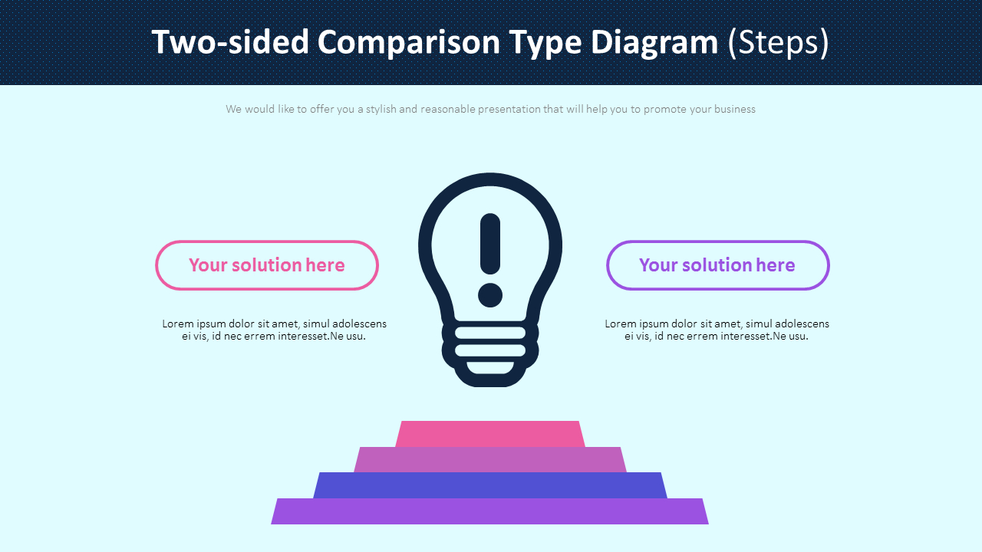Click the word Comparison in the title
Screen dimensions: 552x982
pyautogui.click(x=408, y=42)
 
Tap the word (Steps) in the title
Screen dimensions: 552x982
pyautogui.click(x=779, y=42)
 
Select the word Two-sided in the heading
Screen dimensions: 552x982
pyautogui.click(x=229, y=42)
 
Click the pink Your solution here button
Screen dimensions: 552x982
pyautogui.click(x=266, y=265)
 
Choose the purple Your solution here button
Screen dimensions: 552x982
pyautogui.click(x=717, y=265)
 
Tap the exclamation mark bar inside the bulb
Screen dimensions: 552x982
pyautogui.click(x=490, y=244)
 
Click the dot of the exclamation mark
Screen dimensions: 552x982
pyautogui.click(x=490, y=295)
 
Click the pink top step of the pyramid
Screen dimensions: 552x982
pyautogui.click(x=490, y=434)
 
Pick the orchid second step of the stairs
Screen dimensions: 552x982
pyautogui.click(x=490, y=460)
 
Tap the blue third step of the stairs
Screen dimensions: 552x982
pyautogui.click(x=490, y=485)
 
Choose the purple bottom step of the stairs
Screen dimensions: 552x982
pyautogui.click(x=490, y=511)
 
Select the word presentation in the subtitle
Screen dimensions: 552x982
pyautogui.click(x=509, y=109)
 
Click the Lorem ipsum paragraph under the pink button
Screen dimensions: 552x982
pyautogui.click(x=274, y=330)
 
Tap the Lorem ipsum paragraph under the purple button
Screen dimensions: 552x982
pyautogui.click(x=717, y=330)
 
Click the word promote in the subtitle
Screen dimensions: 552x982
pyautogui.click(x=664, y=109)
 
